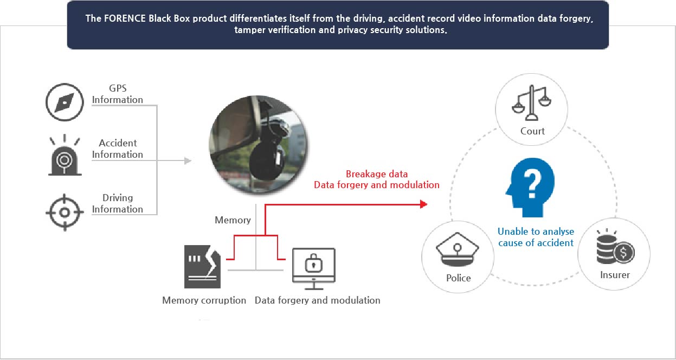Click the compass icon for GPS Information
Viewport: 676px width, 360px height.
click(x=65, y=102)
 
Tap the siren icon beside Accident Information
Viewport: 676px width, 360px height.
click(x=65, y=155)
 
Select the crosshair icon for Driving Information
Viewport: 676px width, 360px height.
click(x=65, y=213)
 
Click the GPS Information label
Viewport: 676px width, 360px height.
click(x=118, y=94)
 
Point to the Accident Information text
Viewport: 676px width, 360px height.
click(x=118, y=149)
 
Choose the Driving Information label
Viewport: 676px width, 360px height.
click(x=118, y=203)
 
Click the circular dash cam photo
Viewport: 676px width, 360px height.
click(x=257, y=144)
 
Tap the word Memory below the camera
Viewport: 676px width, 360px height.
click(x=233, y=220)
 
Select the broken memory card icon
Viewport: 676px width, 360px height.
click(x=203, y=267)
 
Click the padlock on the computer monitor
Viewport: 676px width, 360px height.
click(x=313, y=263)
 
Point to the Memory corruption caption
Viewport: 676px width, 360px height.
click(x=204, y=300)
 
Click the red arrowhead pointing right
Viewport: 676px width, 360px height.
click(x=424, y=204)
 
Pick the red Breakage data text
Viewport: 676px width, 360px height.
click(x=377, y=174)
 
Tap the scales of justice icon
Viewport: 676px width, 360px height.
click(x=531, y=103)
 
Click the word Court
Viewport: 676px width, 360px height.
click(x=532, y=131)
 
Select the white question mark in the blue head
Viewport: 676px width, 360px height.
click(x=533, y=183)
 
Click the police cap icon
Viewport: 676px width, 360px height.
click(x=457, y=249)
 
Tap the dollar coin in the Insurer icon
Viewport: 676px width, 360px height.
click(x=623, y=253)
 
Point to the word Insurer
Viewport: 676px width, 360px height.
click(x=615, y=275)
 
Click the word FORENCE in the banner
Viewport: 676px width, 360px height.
click(x=125, y=18)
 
